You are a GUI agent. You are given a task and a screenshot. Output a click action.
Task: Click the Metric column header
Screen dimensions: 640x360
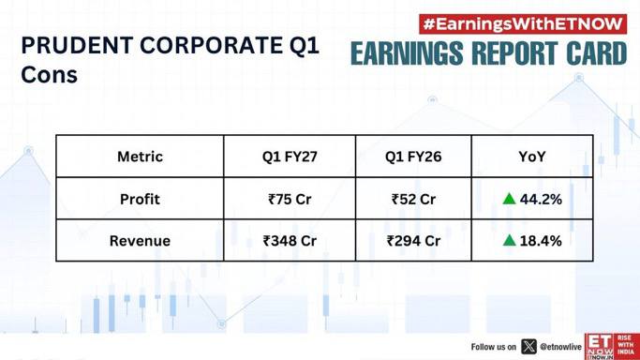click(x=140, y=157)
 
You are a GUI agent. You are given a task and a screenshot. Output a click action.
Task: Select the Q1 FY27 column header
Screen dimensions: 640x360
click(x=290, y=157)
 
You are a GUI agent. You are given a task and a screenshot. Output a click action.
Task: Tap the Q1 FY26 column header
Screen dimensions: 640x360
click(x=413, y=157)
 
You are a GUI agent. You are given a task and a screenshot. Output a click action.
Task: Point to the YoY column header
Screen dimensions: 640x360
click(x=532, y=157)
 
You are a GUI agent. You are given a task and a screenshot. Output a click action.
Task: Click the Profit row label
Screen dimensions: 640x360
click(x=140, y=199)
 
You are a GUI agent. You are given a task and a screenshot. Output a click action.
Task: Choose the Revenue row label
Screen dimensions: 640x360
click(x=140, y=241)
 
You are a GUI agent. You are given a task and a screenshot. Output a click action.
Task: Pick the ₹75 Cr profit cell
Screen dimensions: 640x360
click(x=290, y=199)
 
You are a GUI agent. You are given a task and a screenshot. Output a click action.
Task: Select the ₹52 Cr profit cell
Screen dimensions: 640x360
click(x=413, y=199)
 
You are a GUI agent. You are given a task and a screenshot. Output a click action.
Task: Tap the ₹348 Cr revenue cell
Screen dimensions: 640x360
click(x=290, y=241)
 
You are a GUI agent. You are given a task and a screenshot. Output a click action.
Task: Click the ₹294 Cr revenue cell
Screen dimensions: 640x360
click(x=413, y=241)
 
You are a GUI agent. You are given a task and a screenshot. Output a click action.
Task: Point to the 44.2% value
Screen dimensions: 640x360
click(x=541, y=199)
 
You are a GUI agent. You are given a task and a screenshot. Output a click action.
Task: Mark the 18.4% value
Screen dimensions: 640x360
click(x=541, y=241)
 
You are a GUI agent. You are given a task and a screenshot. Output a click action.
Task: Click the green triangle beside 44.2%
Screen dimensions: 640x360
click(x=509, y=199)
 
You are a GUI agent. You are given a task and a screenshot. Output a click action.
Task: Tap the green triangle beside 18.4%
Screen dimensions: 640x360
click(x=509, y=240)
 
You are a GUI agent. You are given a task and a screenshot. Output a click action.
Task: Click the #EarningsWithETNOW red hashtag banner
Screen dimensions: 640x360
click(x=523, y=24)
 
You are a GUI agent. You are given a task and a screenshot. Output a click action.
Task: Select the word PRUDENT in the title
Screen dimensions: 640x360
click(x=77, y=45)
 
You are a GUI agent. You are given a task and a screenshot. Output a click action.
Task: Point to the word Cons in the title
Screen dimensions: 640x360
click(x=49, y=75)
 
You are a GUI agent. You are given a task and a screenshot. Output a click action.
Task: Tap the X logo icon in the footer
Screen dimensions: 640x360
click(x=529, y=347)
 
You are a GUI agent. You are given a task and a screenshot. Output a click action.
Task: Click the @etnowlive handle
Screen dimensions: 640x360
click(x=560, y=347)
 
